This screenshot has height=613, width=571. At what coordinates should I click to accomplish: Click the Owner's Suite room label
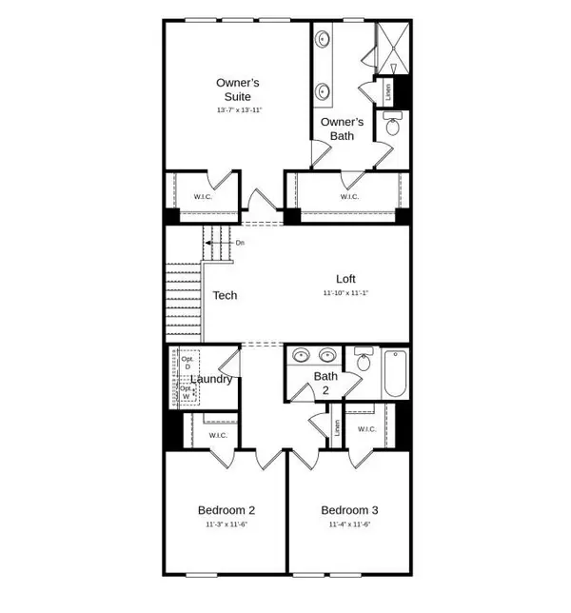[237, 89]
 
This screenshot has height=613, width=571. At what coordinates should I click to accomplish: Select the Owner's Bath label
[341, 129]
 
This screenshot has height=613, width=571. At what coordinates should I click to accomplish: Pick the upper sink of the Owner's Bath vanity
[324, 40]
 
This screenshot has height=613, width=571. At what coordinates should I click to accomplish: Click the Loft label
[345, 279]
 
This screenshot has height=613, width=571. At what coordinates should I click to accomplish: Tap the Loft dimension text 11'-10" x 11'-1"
[345, 293]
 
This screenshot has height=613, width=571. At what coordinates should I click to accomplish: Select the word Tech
[225, 295]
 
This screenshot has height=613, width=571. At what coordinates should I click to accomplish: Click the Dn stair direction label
[240, 243]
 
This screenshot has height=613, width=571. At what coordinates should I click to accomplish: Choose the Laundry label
[211, 379]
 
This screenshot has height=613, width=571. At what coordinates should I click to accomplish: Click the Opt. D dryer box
[187, 363]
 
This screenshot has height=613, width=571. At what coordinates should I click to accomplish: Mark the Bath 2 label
[326, 383]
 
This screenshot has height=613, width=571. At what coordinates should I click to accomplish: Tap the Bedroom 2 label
[226, 509]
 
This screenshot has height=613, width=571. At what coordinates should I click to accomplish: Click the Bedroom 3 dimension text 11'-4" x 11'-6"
[348, 524]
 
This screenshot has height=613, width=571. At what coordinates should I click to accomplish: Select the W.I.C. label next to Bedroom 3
[367, 429]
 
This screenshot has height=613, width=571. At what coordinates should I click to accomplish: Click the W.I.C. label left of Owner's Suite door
[203, 197]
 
